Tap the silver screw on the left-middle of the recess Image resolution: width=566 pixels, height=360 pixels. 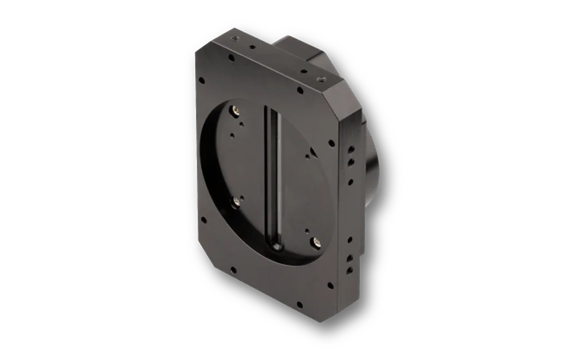coord(236,201)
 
